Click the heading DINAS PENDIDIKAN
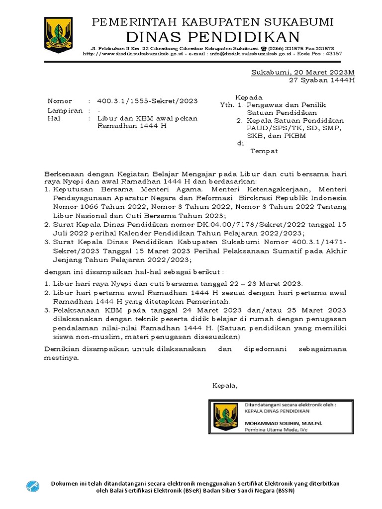click(x=212, y=36)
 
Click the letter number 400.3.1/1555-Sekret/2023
click(x=147, y=101)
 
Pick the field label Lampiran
click(x=65, y=110)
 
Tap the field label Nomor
click(x=60, y=101)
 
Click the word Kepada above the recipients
click(x=249, y=97)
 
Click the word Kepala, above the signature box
click(x=225, y=385)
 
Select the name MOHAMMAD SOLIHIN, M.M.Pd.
click(x=283, y=423)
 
